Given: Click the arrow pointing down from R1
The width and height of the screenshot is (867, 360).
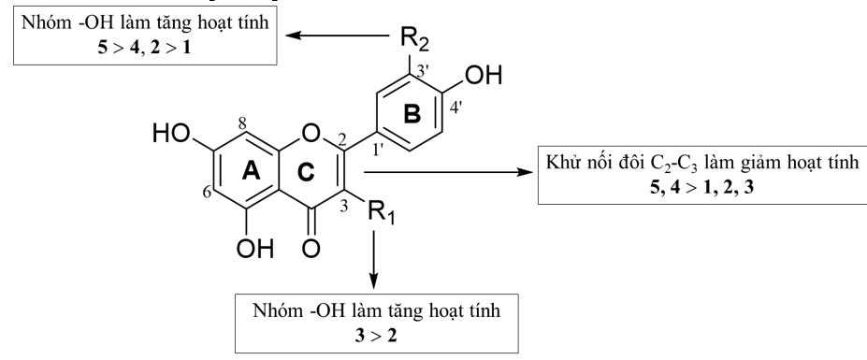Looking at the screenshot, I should pyautogui.click(x=374, y=262).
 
